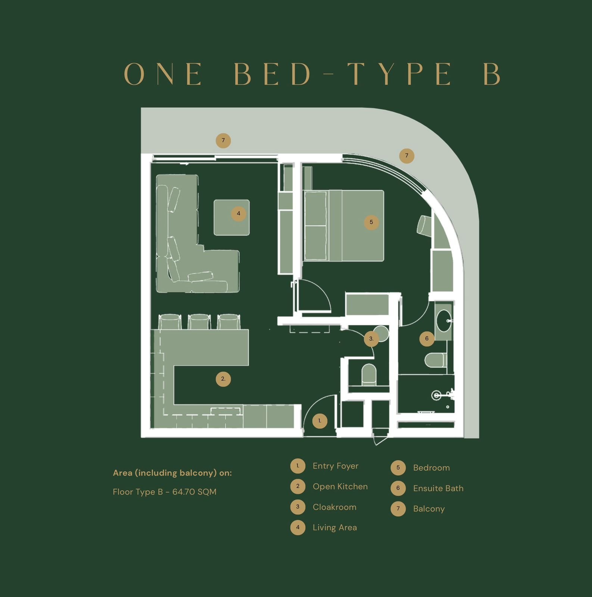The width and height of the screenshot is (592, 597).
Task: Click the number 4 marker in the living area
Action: click(x=239, y=214)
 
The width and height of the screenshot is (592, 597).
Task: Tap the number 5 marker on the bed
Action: click(x=371, y=222)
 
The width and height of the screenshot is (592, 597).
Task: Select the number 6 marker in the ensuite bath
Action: click(x=427, y=339)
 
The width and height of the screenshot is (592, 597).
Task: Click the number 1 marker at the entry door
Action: click(x=320, y=421)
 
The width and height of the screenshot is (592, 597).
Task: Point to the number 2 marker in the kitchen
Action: click(x=223, y=379)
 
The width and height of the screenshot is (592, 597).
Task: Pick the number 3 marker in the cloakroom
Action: click(x=371, y=339)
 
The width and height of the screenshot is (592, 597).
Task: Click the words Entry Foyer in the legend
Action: click(x=336, y=466)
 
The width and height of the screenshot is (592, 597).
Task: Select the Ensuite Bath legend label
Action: click(x=438, y=488)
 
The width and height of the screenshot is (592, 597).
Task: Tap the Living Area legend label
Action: click(x=335, y=528)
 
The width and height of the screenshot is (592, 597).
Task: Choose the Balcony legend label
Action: click(x=429, y=509)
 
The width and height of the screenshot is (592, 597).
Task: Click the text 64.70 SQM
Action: click(x=194, y=492)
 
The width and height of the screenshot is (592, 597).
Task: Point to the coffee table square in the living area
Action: click(x=231, y=218)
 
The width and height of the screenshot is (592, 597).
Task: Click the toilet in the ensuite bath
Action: click(x=436, y=360)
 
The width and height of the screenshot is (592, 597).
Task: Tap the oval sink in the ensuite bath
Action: click(x=443, y=321)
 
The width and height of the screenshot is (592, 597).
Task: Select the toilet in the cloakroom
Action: click(x=369, y=374)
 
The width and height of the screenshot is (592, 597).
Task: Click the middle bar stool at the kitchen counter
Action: click(x=199, y=322)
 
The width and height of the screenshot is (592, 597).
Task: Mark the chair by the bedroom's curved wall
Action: click(x=424, y=225)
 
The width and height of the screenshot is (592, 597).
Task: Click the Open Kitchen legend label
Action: click(x=340, y=487)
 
